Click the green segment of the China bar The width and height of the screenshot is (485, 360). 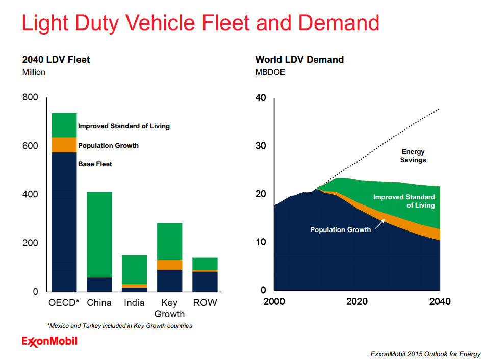[99, 235]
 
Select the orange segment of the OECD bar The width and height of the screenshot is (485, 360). [64, 145]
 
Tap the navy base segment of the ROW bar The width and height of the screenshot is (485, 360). [205, 281]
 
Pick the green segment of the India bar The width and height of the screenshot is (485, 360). [134, 269]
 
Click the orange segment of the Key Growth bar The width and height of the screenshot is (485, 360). [169, 265]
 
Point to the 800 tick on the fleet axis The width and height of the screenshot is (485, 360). [30, 97]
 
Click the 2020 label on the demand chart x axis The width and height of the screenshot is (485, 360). [356, 301]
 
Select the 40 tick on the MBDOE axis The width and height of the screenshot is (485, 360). [261, 98]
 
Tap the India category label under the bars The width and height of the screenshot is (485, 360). [134, 303]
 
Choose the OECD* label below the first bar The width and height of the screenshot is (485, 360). [64, 303]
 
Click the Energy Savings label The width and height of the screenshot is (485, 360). [413, 156]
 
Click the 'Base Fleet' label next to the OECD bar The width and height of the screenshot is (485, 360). [95, 164]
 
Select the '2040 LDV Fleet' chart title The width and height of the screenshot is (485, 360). [56, 60]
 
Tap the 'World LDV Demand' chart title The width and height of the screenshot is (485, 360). [299, 60]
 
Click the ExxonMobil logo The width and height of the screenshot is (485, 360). [49, 341]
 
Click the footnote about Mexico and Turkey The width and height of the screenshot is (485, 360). [120, 326]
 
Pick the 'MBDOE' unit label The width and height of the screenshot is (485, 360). [270, 72]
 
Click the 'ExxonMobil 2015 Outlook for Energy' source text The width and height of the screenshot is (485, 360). [425, 354]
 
